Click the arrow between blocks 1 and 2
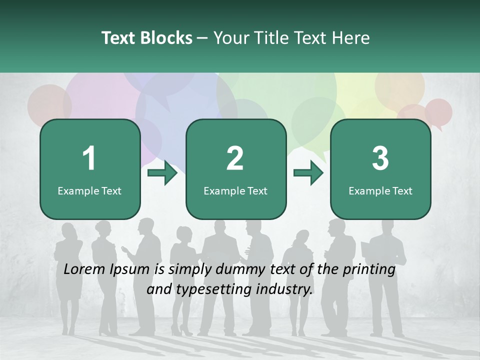click(x=163, y=173)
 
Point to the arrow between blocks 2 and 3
click(x=308, y=173)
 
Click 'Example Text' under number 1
click(x=89, y=190)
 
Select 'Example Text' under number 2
click(x=235, y=190)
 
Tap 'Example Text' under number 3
click(x=380, y=190)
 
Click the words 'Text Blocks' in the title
click(x=147, y=38)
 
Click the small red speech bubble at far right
click(x=438, y=111)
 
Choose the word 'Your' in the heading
click(x=230, y=38)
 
